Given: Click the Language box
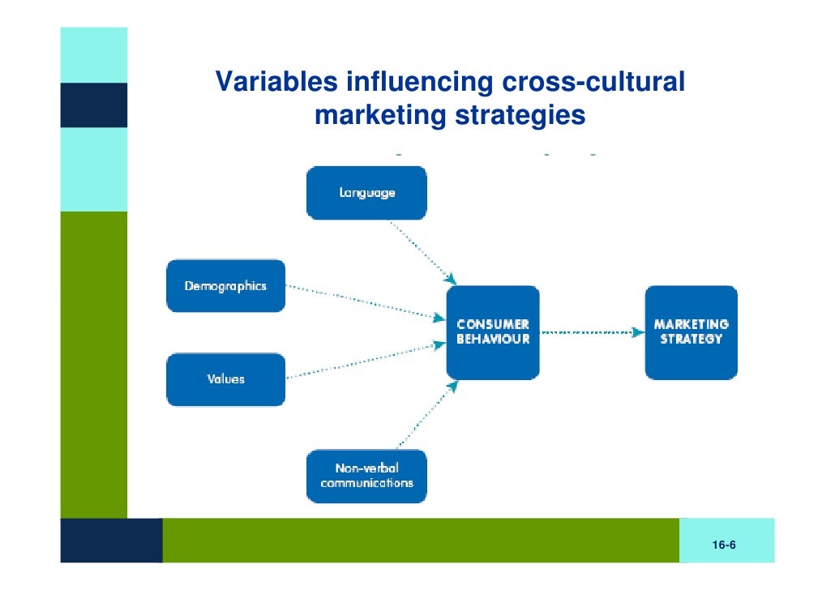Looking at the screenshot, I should pyautogui.click(x=366, y=193).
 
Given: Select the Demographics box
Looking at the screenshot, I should pyautogui.click(x=225, y=286).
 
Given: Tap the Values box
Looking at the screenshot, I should pyautogui.click(x=225, y=379).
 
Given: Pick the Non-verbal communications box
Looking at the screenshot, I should pyautogui.click(x=366, y=476).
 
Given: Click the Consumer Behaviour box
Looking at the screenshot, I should pyautogui.click(x=492, y=332).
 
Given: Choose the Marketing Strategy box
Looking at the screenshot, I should pyautogui.click(x=691, y=332).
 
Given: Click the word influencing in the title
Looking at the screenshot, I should pyautogui.click(x=420, y=82).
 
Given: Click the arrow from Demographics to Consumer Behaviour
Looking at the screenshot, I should pyautogui.click(x=365, y=302).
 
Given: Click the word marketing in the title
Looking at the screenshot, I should pyautogui.click(x=379, y=115).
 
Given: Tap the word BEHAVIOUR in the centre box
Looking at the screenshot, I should pyautogui.click(x=493, y=340).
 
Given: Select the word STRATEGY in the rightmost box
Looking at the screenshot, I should pyautogui.click(x=691, y=340).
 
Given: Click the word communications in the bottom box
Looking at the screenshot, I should pyautogui.click(x=366, y=483).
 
